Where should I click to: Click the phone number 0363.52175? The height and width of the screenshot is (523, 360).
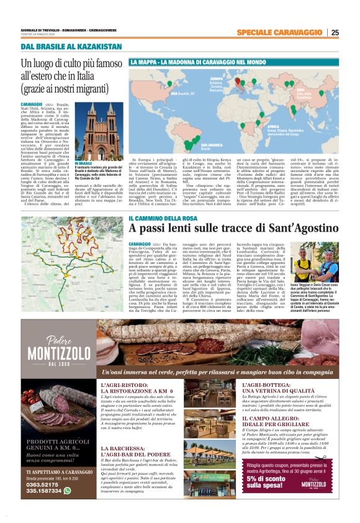44,501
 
